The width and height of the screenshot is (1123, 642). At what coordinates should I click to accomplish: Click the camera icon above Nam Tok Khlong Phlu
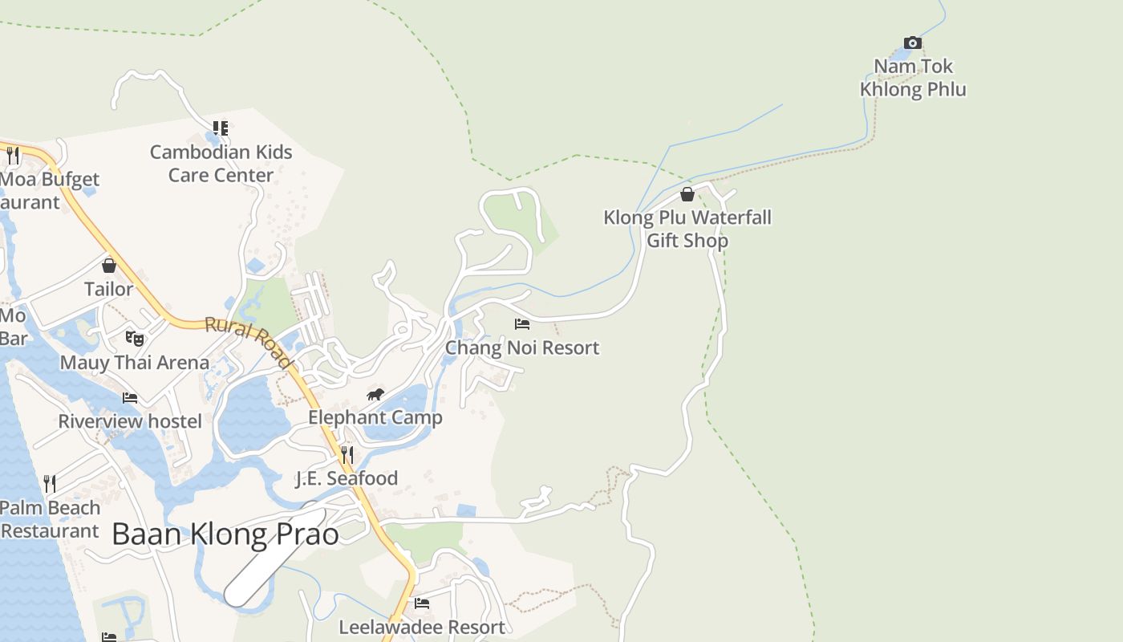(x=912, y=43)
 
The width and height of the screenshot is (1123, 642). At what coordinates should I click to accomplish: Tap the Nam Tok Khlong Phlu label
(x=913, y=78)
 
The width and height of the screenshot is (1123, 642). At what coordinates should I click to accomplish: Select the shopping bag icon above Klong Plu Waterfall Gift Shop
(x=687, y=194)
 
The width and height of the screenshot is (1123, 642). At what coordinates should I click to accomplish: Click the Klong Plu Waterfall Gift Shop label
(x=687, y=229)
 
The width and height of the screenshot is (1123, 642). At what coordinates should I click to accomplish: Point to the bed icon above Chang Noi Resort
(x=522, y=324)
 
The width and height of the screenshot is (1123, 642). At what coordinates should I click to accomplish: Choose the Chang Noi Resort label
(x=522, y=347)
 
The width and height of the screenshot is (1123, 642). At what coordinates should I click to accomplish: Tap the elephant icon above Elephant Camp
(x=375, y=394)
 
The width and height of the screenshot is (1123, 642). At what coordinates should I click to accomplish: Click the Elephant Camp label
(x=375, y=417)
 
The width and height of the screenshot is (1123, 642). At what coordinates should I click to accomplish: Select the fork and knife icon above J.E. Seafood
(x=347, y=455)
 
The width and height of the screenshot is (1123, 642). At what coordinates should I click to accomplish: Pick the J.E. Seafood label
(x=347, y=478)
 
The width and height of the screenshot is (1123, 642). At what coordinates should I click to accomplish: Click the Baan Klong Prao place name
(x=225, y=534)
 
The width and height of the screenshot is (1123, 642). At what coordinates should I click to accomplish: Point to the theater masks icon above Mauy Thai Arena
(x=135, y=339)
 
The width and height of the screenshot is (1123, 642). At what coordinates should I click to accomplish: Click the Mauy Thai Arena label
(x=135, y=362)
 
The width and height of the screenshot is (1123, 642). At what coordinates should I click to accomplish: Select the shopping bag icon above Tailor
(x=109, y=266)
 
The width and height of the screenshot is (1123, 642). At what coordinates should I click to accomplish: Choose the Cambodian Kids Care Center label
(x=221, y=163)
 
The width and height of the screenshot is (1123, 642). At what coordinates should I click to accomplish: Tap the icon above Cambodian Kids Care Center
(x=221, y=128)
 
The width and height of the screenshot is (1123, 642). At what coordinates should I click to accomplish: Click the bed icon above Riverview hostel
(x=130, y=398)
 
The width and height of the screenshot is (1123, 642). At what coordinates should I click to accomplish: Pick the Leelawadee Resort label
(x=422, y=627)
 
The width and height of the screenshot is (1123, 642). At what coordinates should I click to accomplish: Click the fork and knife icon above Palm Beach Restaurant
(x=50, y=483)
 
